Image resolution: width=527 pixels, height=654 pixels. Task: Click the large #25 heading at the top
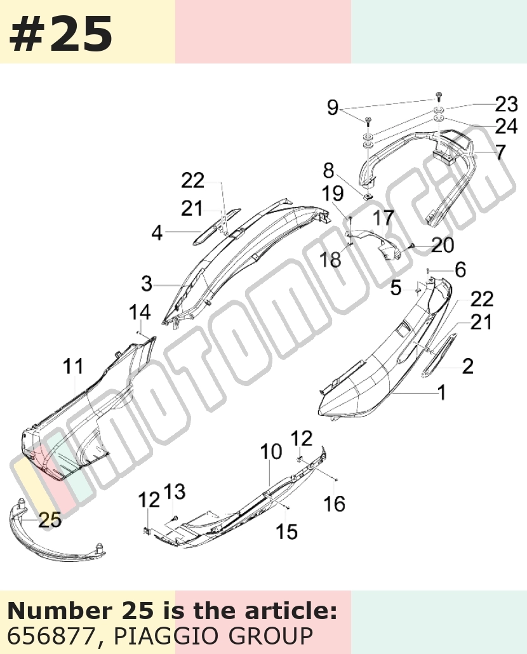(60, 33)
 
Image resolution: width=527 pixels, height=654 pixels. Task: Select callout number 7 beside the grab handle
(500, 152)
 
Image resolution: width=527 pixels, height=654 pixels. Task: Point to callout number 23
(506, 104)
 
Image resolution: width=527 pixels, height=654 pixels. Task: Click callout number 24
(506, 126)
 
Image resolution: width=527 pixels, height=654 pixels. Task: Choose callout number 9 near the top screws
(332, 107)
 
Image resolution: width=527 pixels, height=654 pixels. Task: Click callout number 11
(73, 366)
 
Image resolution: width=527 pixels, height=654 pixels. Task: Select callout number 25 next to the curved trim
(50, 519)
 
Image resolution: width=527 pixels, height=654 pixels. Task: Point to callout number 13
(174, 491)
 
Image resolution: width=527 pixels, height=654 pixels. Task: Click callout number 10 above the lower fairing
(271, 451)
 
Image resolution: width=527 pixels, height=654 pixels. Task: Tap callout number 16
(335, 504)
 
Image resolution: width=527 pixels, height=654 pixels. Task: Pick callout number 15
(287, 531)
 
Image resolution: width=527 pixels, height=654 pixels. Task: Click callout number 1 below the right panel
(441, 392)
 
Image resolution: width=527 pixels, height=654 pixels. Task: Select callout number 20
(443, 245)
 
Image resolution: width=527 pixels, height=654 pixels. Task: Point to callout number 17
(383, 218)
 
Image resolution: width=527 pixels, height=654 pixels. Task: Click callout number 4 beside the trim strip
(157, 233)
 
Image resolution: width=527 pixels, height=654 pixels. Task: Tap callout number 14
(140, 312)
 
